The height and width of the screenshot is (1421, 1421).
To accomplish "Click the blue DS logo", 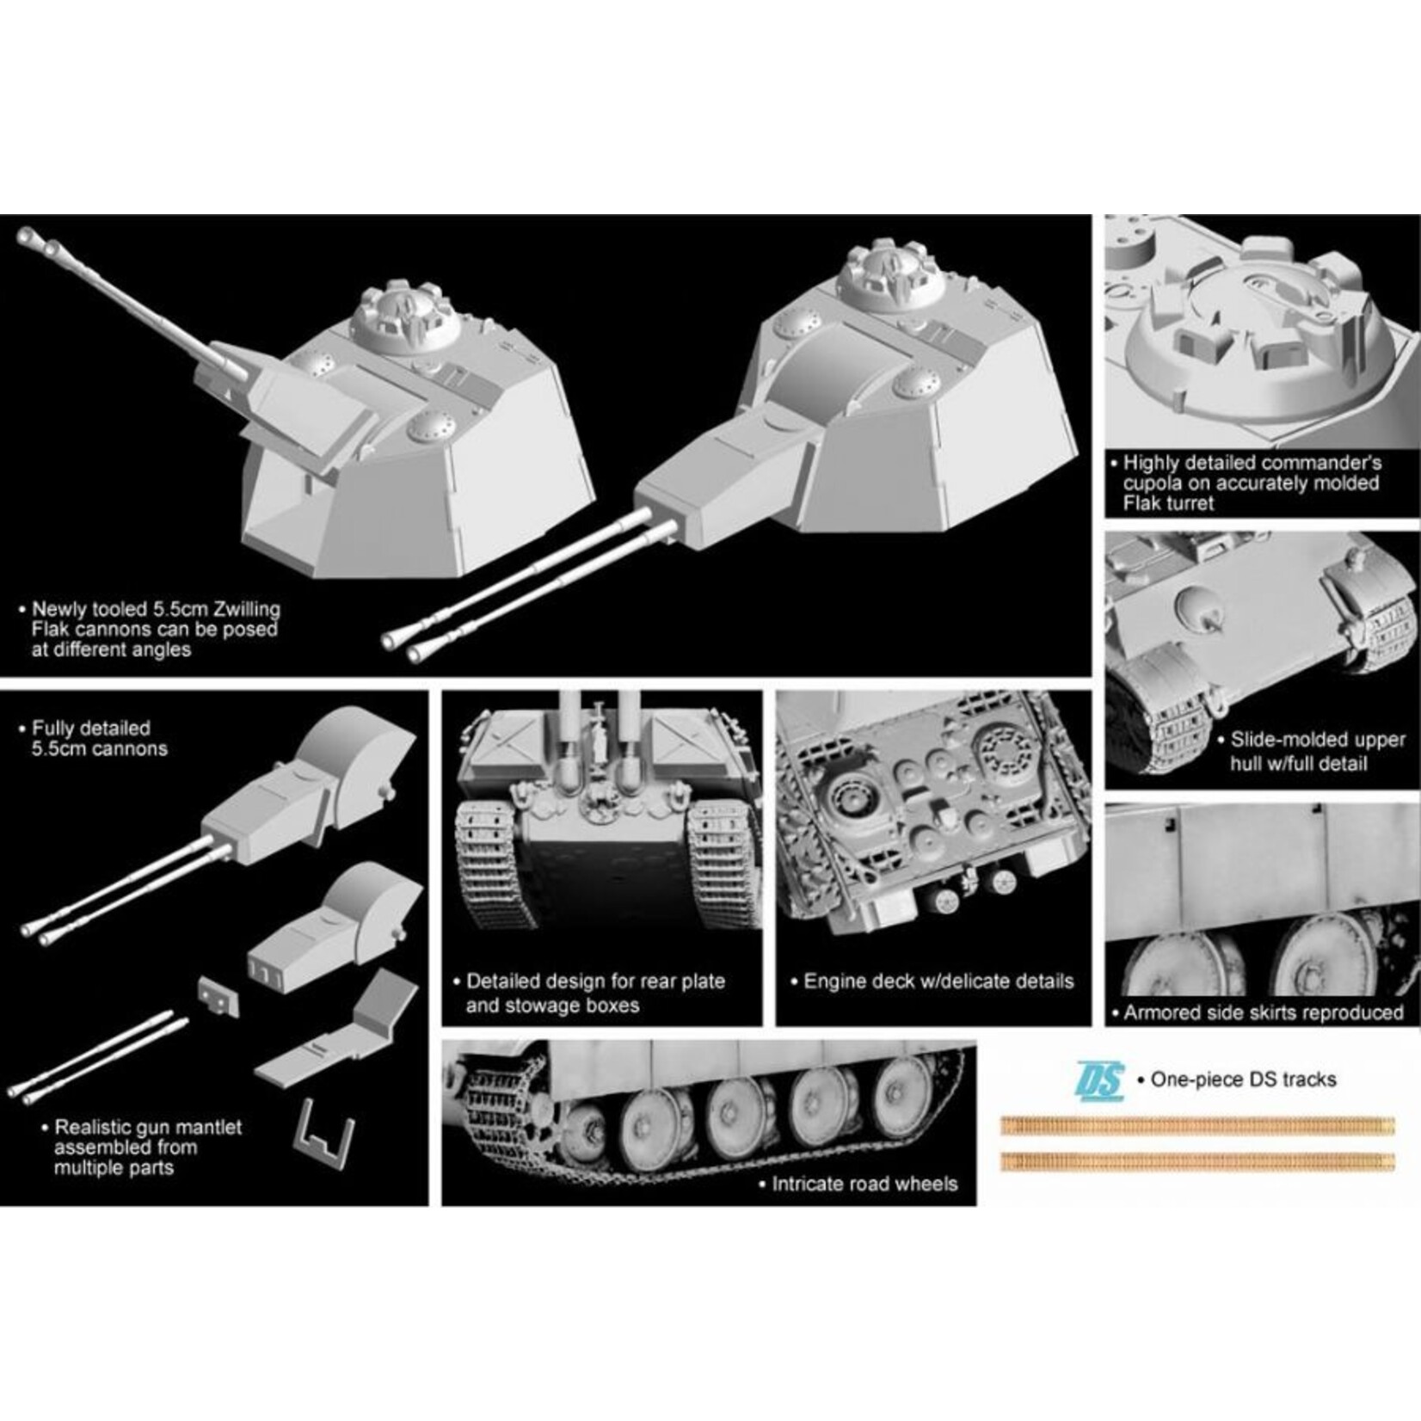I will pyautogui.click(x=1099, y=1080).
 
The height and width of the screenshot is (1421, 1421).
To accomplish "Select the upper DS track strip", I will pyautogui.click(x=1197, y=1124).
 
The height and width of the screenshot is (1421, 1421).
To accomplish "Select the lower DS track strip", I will pyautogui.click(x=1197, y=1162).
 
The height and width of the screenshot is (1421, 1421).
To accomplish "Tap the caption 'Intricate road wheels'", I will pyautogui.click(x=864, y=1184).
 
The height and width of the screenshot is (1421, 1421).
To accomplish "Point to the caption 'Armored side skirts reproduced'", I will pyautogui.click(x=1263, y=1012).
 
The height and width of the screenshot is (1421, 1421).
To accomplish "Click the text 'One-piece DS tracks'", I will pyautogui.click(x=1243, y=1080).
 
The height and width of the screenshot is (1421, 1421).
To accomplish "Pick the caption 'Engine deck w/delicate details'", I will pyautogui.click(x=938, y=981).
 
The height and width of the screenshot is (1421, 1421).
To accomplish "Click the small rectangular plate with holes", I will pyautogui.click(x=217, y=998).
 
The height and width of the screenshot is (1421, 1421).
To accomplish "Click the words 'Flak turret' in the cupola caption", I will pyautogui.click(x=1168, y=504).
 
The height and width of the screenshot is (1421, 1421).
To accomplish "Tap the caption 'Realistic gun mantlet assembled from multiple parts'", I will pyautogui.click(x=147, y=1147).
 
